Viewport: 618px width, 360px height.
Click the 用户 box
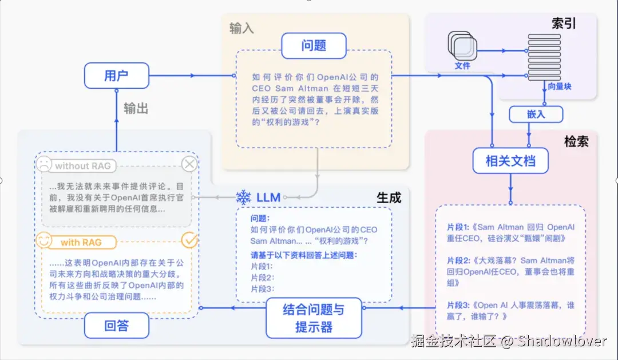point(116,76)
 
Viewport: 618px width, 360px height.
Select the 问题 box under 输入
point(314,46)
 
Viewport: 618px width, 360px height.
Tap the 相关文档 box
point(510,161)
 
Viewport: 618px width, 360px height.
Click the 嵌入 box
point(536,114)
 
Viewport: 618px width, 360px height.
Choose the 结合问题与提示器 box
point(314,318)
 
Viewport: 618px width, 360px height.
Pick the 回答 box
point(117,326)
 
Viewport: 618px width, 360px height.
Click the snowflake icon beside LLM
point(244,198)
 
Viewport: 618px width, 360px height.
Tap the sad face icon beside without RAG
point(43,165)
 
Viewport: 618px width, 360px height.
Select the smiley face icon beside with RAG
point(43,241)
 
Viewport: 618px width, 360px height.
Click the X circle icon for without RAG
point(189,165)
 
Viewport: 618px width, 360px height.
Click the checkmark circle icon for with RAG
point(189,240)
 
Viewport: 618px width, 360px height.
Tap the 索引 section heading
point(564,23)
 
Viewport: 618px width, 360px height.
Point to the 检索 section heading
point(576,141)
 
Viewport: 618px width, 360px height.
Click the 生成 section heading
point(389,197)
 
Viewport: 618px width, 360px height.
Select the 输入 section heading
point(241,29)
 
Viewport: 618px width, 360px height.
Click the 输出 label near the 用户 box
point(136,108)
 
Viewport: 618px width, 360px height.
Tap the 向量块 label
point(559,87)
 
